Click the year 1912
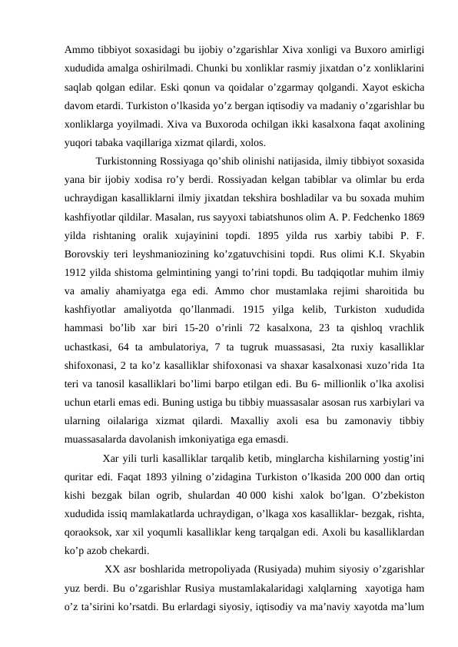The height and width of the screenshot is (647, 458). [x=78, y=283]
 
